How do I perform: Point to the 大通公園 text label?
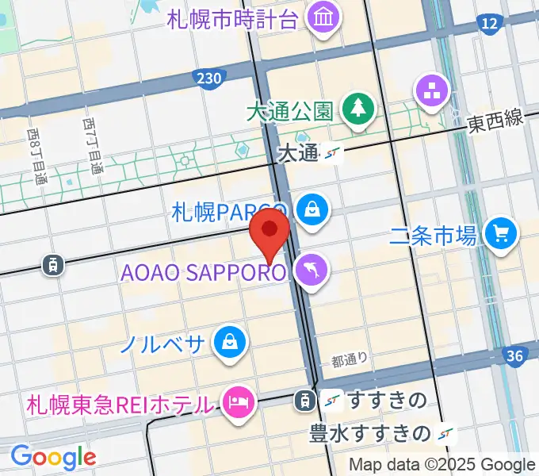[289, 112]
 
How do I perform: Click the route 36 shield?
[514, 356]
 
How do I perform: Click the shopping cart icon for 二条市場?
[501, 233]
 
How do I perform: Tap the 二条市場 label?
[434, 235]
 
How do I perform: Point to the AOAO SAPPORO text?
[203, 273]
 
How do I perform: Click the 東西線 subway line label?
[495, 121]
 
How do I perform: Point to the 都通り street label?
[350, 361]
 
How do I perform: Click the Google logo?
[52, 457]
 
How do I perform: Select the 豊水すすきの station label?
[370, 433]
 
